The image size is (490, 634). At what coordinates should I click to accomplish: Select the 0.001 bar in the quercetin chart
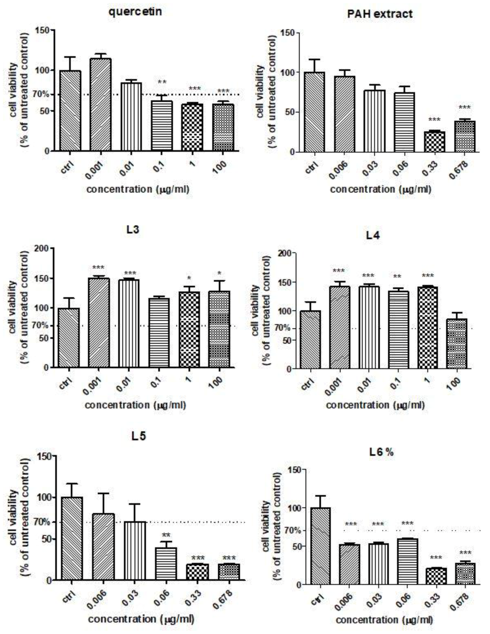100,105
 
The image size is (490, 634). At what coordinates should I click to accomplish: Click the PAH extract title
380,14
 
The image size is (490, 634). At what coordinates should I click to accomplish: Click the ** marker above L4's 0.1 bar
398,277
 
